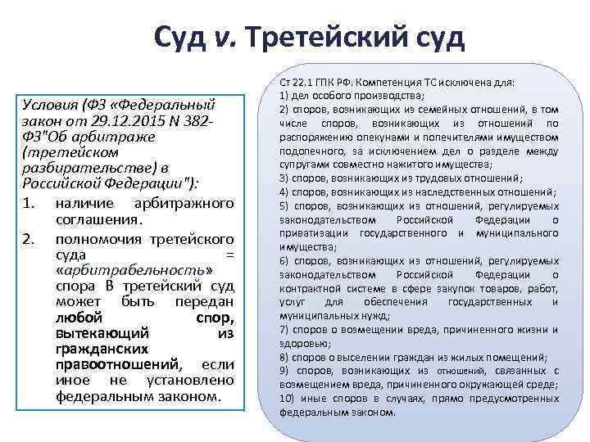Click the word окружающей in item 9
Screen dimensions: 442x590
tap(496, 385)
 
